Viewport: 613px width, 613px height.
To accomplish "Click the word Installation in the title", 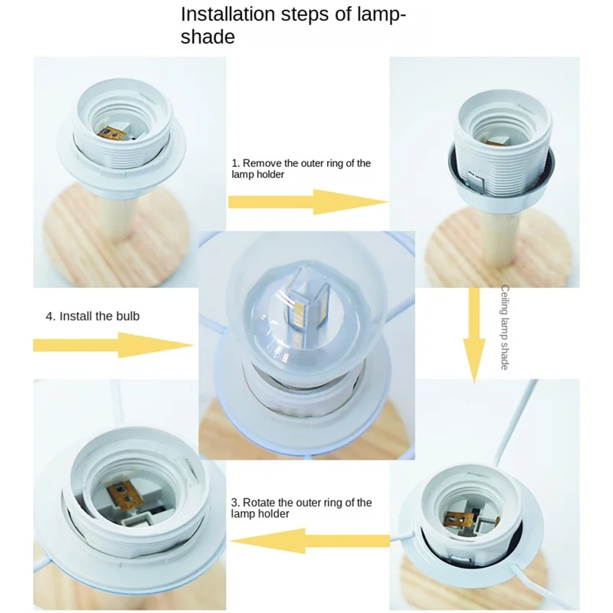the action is (228, 14).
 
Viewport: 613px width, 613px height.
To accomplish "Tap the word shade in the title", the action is (208, 37).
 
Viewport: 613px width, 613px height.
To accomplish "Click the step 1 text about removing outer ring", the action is (301, 169).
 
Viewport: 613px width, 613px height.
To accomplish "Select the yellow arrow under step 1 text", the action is (308, 202).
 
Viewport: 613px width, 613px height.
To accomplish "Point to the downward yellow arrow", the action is (474, 336).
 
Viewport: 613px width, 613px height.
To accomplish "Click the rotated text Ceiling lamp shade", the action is (505, 327).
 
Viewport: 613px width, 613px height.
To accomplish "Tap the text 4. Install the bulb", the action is (93, 316).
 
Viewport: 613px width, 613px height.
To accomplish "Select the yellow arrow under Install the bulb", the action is (113, 346).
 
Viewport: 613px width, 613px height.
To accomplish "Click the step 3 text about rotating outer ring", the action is (301, 508).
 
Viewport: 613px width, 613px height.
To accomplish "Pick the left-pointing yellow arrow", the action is (310, 541).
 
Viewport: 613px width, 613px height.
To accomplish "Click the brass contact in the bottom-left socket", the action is (124, 494).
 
